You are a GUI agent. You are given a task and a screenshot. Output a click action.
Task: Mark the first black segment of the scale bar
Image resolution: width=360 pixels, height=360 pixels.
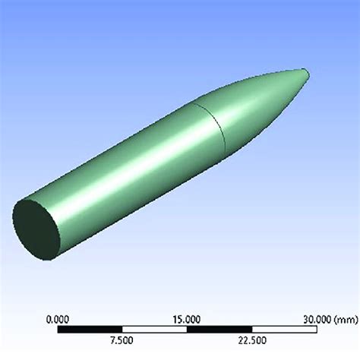pyautogui.click(x=91, y=308)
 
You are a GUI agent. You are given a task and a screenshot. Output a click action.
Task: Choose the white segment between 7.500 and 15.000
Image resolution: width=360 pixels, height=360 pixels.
pyautogui.click(x=155, y=308)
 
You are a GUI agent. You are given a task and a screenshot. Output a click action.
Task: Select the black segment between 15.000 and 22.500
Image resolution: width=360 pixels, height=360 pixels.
pyautogui.click(x=219, y=308)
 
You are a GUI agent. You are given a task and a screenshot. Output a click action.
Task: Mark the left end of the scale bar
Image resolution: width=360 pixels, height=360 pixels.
pyautogui.click(x=59, y=308)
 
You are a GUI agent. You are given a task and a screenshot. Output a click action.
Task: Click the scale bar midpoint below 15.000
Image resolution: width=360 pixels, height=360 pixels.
pyautogui.click(x=188, y=308)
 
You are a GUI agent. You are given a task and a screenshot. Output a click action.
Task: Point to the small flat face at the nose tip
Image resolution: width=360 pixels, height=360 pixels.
pyautogui.click(x=306, y=74)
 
